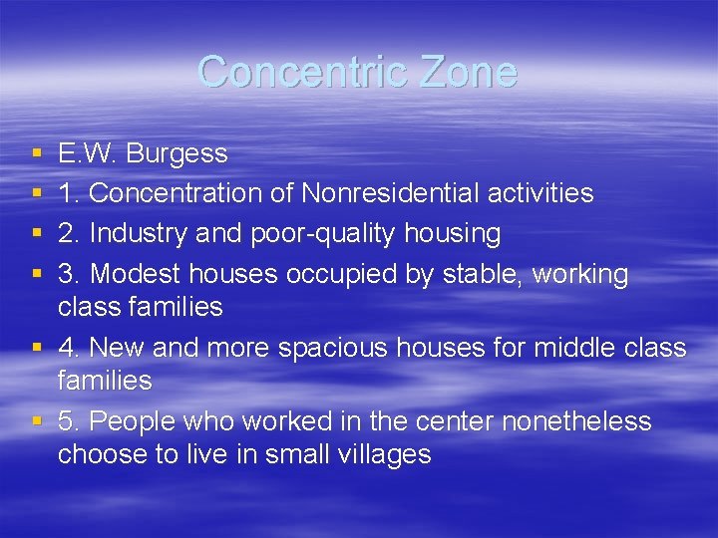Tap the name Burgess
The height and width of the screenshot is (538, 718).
click(178, 154)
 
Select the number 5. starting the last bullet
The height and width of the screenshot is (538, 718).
click(69, 421)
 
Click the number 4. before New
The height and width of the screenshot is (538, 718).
click(69, 348)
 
